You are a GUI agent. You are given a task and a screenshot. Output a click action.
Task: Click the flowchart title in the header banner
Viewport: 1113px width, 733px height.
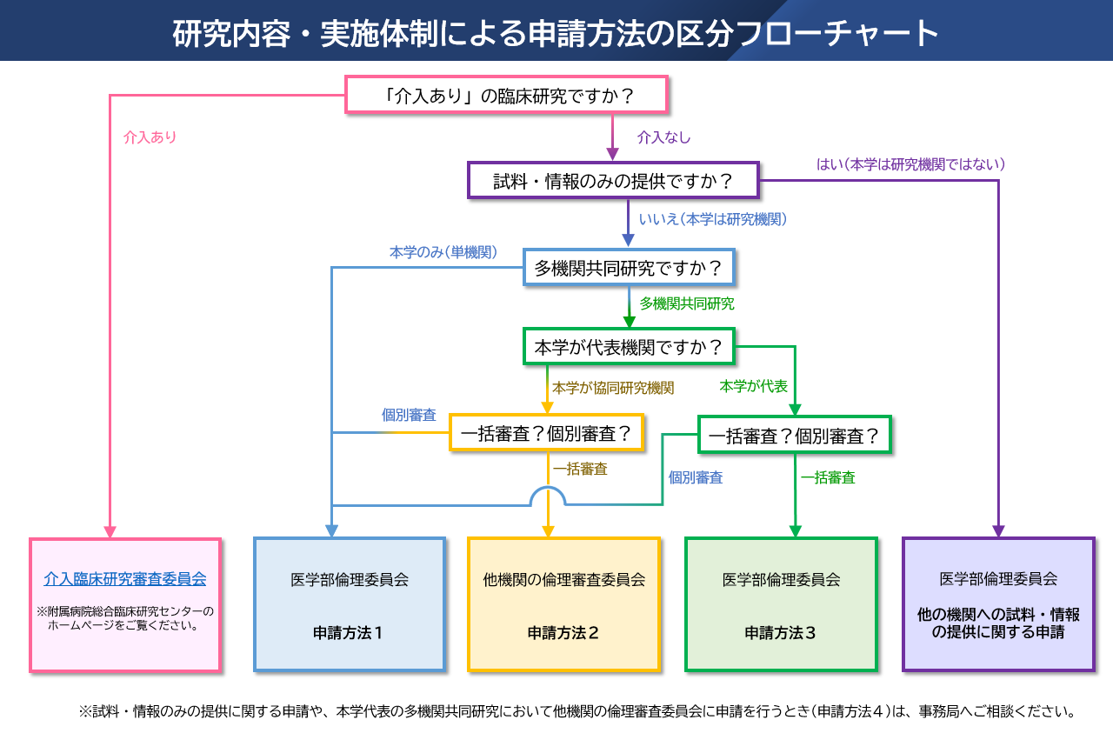(x=556, y=33)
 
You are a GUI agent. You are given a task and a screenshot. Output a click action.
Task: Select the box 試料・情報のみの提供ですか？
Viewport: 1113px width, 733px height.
(x=613, y=181)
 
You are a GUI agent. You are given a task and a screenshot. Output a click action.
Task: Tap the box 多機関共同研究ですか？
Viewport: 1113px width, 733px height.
(x=629, y=268)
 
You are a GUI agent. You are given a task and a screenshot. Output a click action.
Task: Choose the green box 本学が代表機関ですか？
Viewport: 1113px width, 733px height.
(x=629, y=347)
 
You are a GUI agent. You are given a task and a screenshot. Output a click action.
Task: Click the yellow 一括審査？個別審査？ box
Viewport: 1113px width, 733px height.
(x=546, y=433)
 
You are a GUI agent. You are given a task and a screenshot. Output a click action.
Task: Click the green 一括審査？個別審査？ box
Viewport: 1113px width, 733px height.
(x=795, y=435)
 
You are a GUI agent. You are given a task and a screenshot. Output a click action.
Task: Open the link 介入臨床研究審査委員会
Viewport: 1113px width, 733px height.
(x=125, y=578)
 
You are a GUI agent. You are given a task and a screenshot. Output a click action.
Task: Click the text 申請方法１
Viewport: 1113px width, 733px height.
(x=349, y=633)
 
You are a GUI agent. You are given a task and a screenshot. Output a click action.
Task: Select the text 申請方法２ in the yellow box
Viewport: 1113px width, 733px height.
(x=563, y=633)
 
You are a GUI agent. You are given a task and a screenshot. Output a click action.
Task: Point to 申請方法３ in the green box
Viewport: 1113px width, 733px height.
(x=781, y=633)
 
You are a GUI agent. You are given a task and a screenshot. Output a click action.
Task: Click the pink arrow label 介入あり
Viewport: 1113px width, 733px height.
(x=150, y=137)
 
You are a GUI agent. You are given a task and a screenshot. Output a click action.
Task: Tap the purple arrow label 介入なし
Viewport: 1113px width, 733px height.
(x=663, y=137)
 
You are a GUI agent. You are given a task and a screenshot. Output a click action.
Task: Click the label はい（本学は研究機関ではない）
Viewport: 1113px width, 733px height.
(x=910, y=163)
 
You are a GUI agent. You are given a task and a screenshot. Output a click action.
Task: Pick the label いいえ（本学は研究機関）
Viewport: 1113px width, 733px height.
(x=713, y=220)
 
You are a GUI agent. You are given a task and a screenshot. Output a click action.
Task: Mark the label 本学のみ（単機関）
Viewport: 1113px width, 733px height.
(x=443, y=252)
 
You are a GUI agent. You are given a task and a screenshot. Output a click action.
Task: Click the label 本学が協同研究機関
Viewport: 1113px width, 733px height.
(x=613, y=388)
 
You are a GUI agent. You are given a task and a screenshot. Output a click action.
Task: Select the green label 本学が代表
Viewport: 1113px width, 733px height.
(x=753, y=386)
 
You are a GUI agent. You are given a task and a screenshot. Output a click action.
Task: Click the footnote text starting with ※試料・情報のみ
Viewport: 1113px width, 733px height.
(x=577, y=711)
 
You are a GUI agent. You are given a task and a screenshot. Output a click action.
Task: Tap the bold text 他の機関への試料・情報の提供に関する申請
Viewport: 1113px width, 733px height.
(x=998, y=623)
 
